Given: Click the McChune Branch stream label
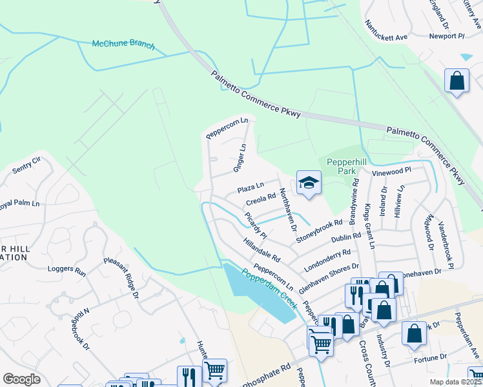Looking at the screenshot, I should tap(123, 45).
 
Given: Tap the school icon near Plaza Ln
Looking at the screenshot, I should tap(309, 183).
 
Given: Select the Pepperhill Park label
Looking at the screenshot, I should tap(342, 167).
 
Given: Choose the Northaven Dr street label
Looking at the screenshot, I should tap(287, 210).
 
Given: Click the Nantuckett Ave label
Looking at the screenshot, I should tap(386, 29).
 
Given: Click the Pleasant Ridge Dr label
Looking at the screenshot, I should tap(121, 279).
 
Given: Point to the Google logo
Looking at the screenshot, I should tap(22, 379).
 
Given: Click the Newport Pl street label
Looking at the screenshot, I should tap(447, 36).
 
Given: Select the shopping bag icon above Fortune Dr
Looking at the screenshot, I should tap(414, 333).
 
